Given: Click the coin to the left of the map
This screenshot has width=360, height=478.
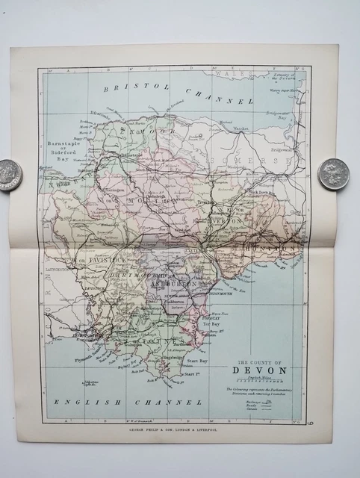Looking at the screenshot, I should coord(10,175).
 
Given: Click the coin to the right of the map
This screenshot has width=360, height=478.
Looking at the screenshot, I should coord(333,173).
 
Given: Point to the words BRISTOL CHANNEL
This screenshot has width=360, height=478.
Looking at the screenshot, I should coord(179,93).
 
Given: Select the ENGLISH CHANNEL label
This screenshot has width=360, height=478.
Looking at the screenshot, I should coord(128,402).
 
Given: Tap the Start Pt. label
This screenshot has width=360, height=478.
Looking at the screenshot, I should coord(193,373).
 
